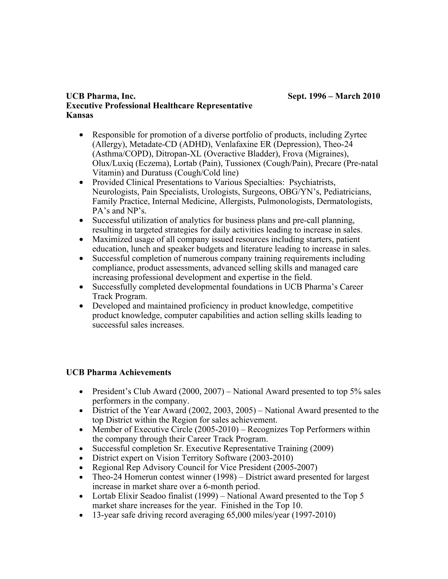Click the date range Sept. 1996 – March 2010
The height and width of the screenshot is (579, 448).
click(334, 96)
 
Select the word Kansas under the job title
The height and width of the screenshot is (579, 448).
click(80, 115)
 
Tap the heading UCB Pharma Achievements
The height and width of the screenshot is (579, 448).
click(118, 372)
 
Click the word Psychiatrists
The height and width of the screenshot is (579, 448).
click(312, 182)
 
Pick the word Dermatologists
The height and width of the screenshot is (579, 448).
click(344, 201)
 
